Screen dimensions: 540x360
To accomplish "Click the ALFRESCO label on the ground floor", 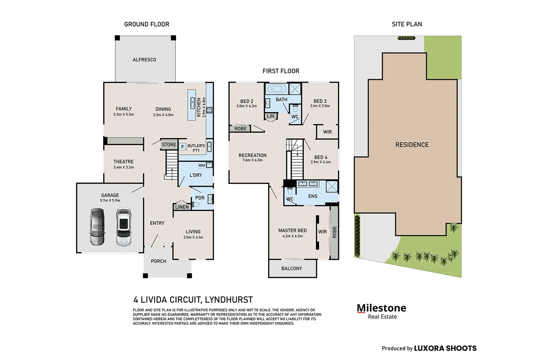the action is click(144, 60).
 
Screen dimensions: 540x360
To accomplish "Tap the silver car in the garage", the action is click(97, 227).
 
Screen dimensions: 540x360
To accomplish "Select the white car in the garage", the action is click(124, 227).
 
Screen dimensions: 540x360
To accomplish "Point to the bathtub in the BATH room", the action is click(277, 89).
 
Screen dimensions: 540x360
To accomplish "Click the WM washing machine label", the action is click(202, 165).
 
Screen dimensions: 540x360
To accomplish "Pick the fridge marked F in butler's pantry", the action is click(182, 147).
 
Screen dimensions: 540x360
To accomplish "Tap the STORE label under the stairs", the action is click(169, 144).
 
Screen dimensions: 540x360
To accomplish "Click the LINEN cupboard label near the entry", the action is click(182, 207).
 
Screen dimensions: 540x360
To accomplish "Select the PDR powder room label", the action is click(200, 198).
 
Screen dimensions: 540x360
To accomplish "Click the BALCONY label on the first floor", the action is click(292, 268).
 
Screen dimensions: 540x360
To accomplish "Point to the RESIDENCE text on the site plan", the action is click(412, 145).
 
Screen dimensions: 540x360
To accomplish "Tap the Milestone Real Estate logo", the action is click(381, 311).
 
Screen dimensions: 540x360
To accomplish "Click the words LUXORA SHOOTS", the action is click(445, 348).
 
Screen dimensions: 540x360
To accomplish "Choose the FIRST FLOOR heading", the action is click(281, 71).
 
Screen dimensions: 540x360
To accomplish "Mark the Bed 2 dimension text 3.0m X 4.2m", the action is click(247, 106).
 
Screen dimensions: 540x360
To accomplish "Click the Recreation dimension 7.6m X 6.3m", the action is click(252, 160).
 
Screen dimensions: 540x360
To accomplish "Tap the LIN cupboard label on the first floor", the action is click(271, 116).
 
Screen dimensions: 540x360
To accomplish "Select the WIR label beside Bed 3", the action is click(327, 132).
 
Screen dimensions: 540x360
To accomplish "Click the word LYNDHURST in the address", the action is click(229, 300).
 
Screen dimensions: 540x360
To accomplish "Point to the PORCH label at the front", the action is click(158, 261).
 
